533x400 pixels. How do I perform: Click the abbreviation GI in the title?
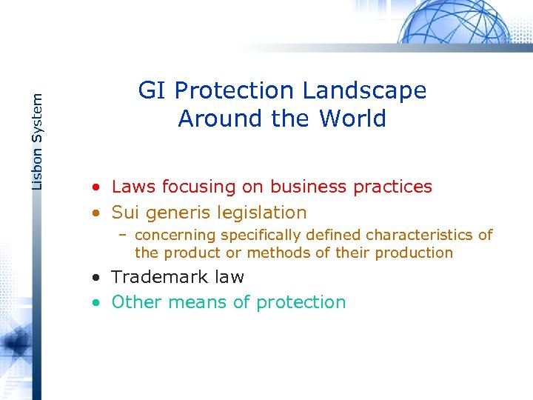(x=151, y=90)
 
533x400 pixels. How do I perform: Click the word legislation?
(x=264, y=213)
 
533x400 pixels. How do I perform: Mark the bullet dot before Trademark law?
(x=97, y=278)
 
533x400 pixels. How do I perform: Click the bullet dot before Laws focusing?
(x=97, y=187)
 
